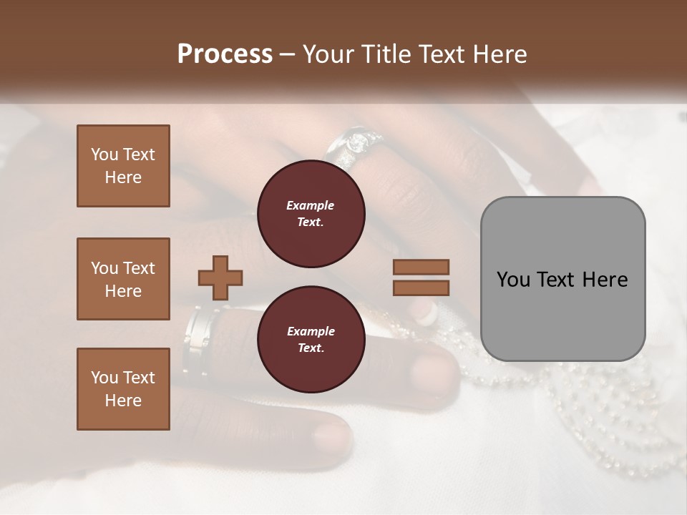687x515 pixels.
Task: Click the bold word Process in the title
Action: coord(225,54)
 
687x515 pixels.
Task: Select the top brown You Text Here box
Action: coord(123,166)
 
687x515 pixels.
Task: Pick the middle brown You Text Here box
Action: coord(123,279)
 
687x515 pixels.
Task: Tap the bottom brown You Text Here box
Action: coord(123,388)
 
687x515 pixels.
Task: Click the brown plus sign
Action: coord(220,277)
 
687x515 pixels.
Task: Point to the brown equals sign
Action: coord(421,278)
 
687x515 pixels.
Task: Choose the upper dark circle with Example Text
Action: coord(311,214)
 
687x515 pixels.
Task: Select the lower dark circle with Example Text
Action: coord(311,340)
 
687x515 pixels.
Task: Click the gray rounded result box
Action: coord(562,279)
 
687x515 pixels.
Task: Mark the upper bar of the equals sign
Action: coord(421,268)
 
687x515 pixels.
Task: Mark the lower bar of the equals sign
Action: coord(421,288)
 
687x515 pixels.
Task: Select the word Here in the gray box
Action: coord(605,280)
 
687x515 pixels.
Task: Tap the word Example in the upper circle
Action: coord(311,205)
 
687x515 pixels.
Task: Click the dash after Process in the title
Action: coord(288,55)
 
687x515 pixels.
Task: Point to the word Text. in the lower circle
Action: coord(311,348)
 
